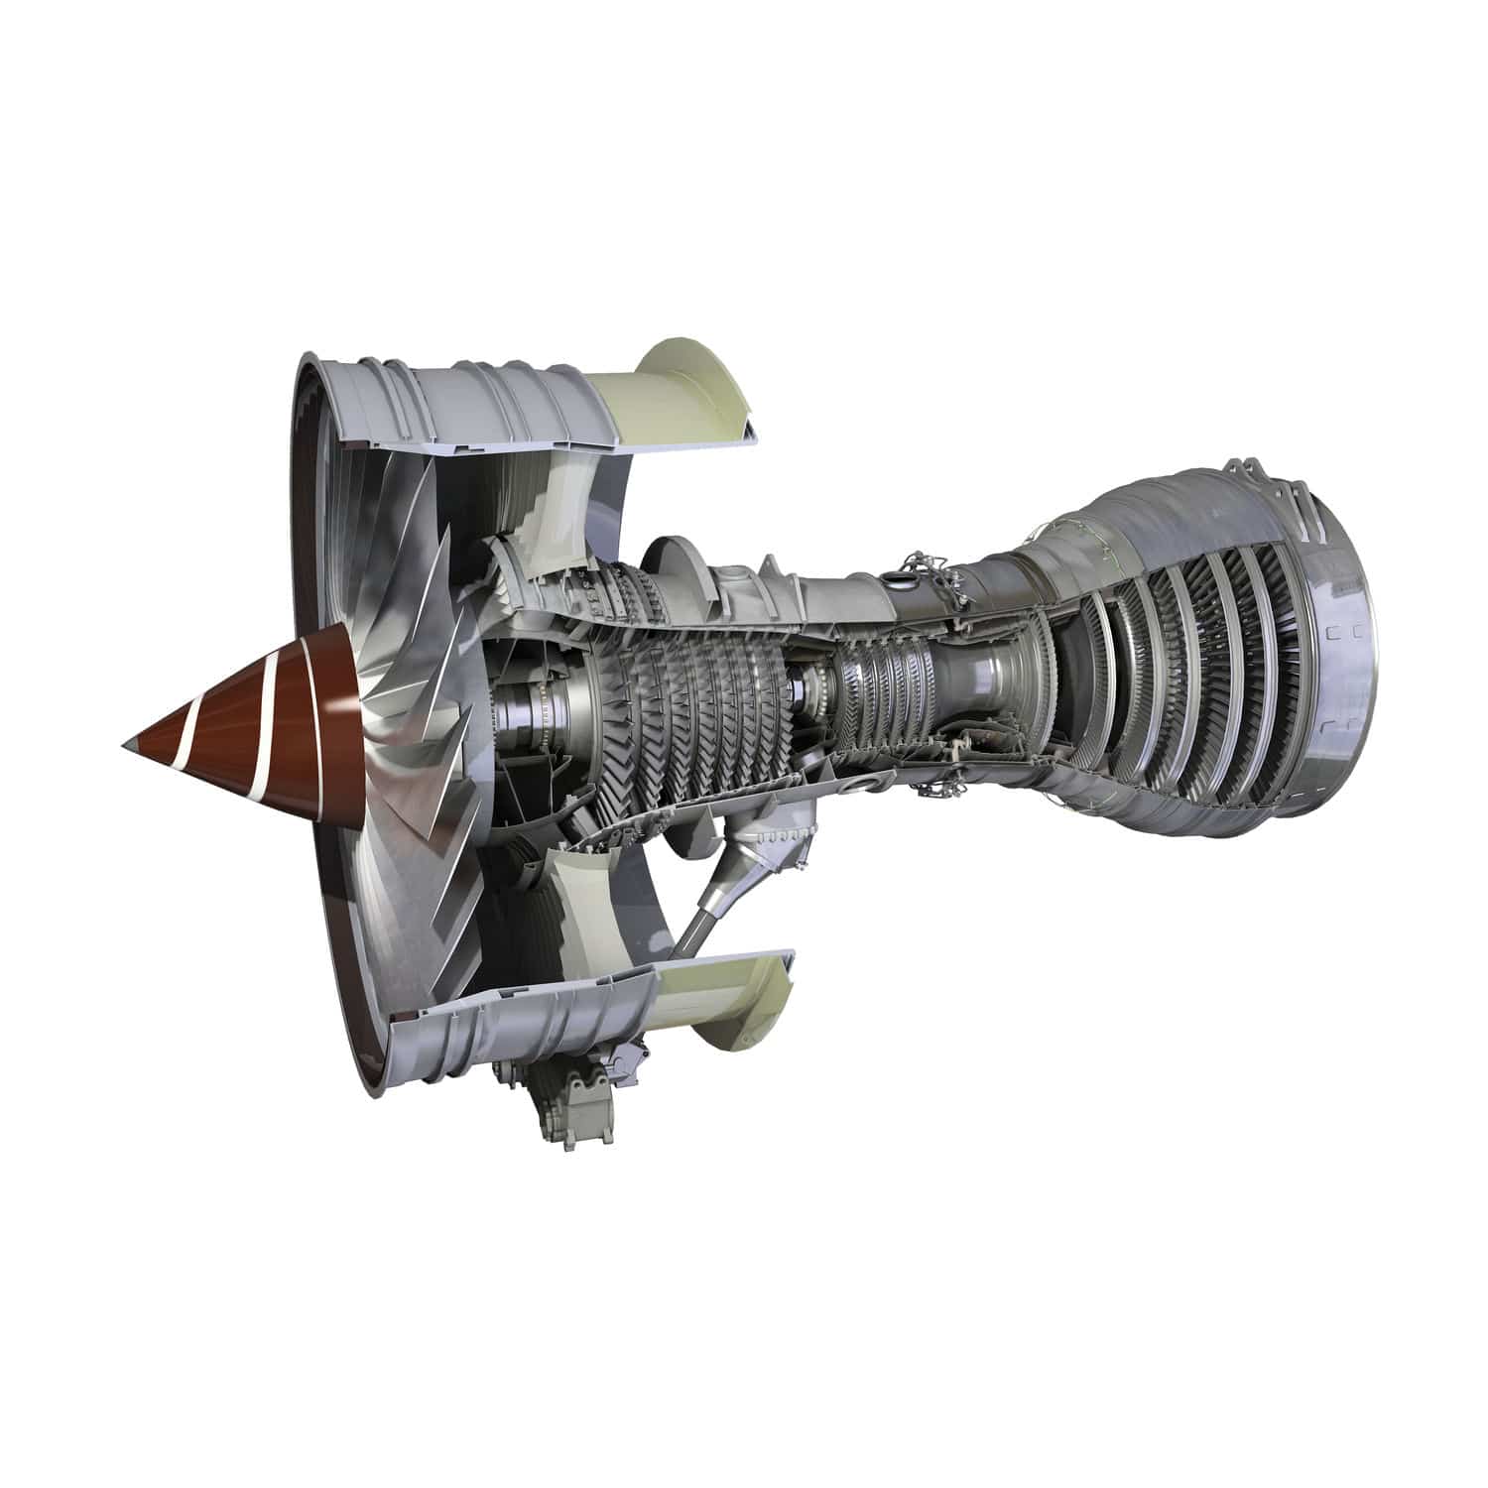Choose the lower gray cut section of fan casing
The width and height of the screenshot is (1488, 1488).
pos(516,1022)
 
